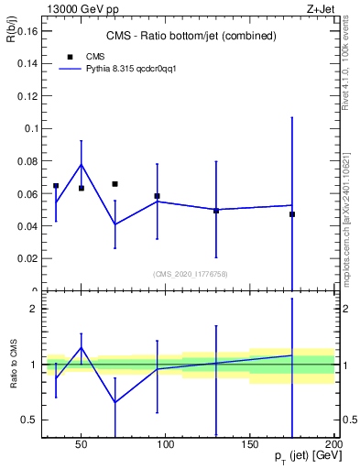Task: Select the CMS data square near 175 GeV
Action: click(292, 214)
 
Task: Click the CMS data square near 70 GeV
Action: click(115, 184)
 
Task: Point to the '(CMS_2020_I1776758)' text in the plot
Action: click(191, 273)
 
